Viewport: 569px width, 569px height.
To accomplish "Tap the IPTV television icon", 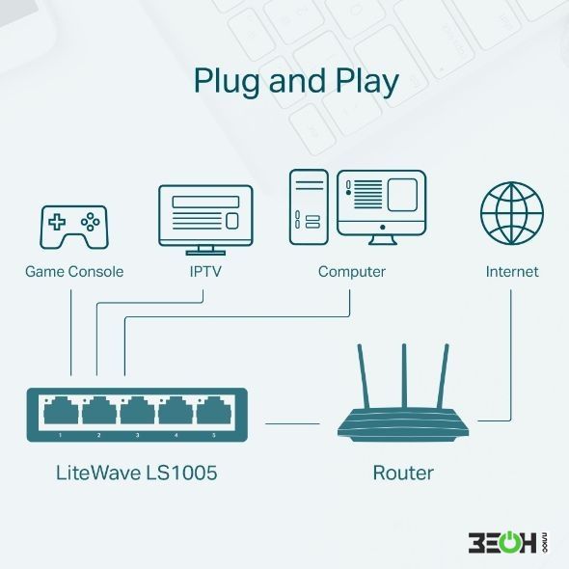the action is [205, 220].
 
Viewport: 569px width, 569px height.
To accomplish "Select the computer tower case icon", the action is [309, 207].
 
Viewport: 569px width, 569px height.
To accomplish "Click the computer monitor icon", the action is [381, 207].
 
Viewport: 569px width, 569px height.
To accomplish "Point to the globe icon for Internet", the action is [512, 213].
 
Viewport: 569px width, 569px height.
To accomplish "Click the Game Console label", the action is [74, 271].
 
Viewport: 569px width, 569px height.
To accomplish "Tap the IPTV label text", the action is [205, 271].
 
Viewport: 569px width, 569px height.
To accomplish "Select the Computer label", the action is [352, 272].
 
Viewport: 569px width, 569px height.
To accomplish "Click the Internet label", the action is [512, 271].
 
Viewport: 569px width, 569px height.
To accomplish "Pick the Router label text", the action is [403, 473].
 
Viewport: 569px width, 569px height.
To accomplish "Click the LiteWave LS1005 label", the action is [137, 473].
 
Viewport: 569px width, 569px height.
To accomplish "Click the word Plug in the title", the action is [227, 81].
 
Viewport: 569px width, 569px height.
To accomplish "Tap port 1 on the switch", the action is [61, 411].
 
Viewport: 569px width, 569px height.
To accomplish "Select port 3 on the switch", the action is [138, 411].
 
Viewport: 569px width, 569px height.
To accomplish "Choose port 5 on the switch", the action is [214, 411].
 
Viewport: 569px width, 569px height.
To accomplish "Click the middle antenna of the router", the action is [404, 375].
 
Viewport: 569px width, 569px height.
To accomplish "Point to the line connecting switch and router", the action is [292, 423].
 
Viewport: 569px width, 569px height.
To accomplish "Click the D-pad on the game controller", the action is [57, 222].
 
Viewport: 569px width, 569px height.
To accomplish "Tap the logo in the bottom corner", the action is [509, 542].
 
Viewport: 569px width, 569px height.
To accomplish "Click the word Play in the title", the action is [366, 81].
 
